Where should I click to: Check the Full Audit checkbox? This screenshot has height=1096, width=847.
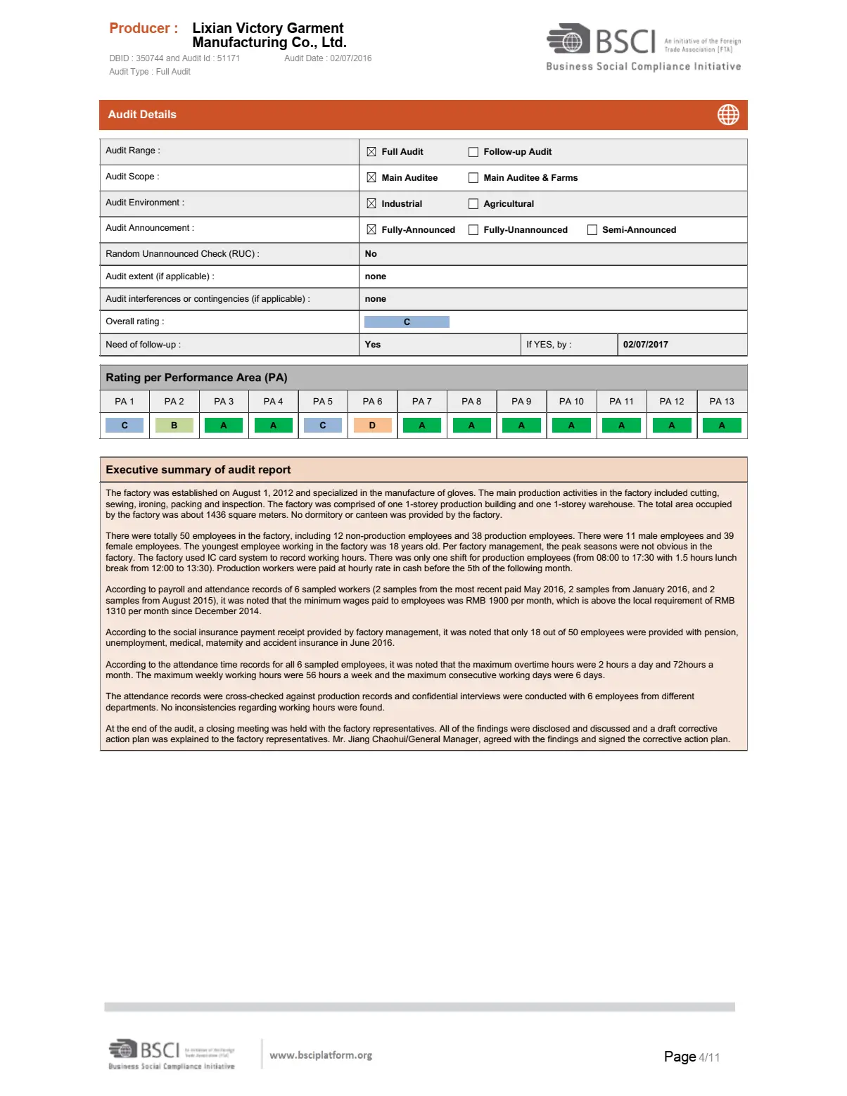pos(371,152)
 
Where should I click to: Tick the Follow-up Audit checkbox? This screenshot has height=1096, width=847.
pos(473,152)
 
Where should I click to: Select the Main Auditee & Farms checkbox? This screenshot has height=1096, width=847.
pos(473,178)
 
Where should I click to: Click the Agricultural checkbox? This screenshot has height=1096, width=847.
pos(473,204)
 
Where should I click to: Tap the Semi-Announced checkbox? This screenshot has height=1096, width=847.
pos(592,230)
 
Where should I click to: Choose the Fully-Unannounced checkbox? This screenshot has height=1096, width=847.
pos(473,230)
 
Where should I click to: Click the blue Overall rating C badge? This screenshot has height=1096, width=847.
pos(407,322)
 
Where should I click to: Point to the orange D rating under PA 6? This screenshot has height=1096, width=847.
pos(372,426)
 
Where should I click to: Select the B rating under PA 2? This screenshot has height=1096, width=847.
pos(174,426)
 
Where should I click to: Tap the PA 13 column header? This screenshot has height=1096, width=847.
pos(721,402)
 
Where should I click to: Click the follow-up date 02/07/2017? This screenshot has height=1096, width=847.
pos(645,345)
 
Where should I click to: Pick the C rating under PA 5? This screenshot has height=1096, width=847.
pos(323,426)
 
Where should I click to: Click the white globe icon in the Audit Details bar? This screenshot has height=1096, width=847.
pos(728,115)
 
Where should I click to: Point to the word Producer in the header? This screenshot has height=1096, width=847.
pos(140,29)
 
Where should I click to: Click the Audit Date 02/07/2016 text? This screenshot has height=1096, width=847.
pos(328,58)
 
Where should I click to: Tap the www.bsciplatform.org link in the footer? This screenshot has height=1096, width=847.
pos(321,1055)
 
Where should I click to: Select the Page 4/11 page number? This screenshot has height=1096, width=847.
pos(692,1057)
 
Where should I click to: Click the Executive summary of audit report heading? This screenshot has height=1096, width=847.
pos(198,470)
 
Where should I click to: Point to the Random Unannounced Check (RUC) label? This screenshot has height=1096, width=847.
pos(182,254)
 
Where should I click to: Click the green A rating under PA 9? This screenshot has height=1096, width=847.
pos(521,426)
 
